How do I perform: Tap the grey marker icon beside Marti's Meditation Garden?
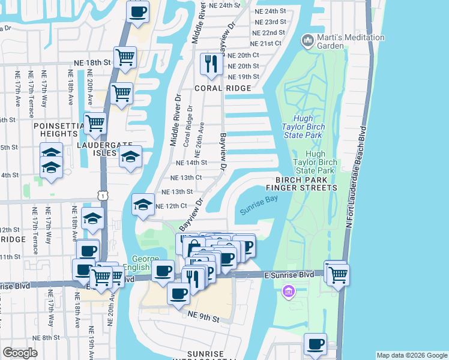[x=309, y=41]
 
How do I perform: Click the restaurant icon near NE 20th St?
[x=211, y=64]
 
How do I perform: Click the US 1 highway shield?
[x=104, y=196]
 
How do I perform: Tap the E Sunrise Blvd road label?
[x=289, y=274]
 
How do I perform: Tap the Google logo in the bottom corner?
[x=20, y=352]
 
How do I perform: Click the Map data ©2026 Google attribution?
[x=412, y=355]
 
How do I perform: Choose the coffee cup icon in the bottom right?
[x=316, y=344]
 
